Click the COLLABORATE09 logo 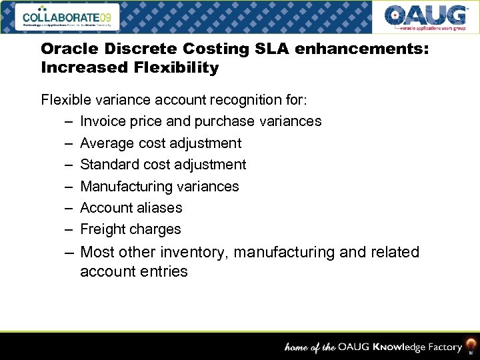pos(70,16)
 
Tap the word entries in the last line pos(165,271)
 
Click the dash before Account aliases pos(69,207)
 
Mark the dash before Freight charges pos(69,229)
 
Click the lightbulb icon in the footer pos(471,346)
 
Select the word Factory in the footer pos(439,347)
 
